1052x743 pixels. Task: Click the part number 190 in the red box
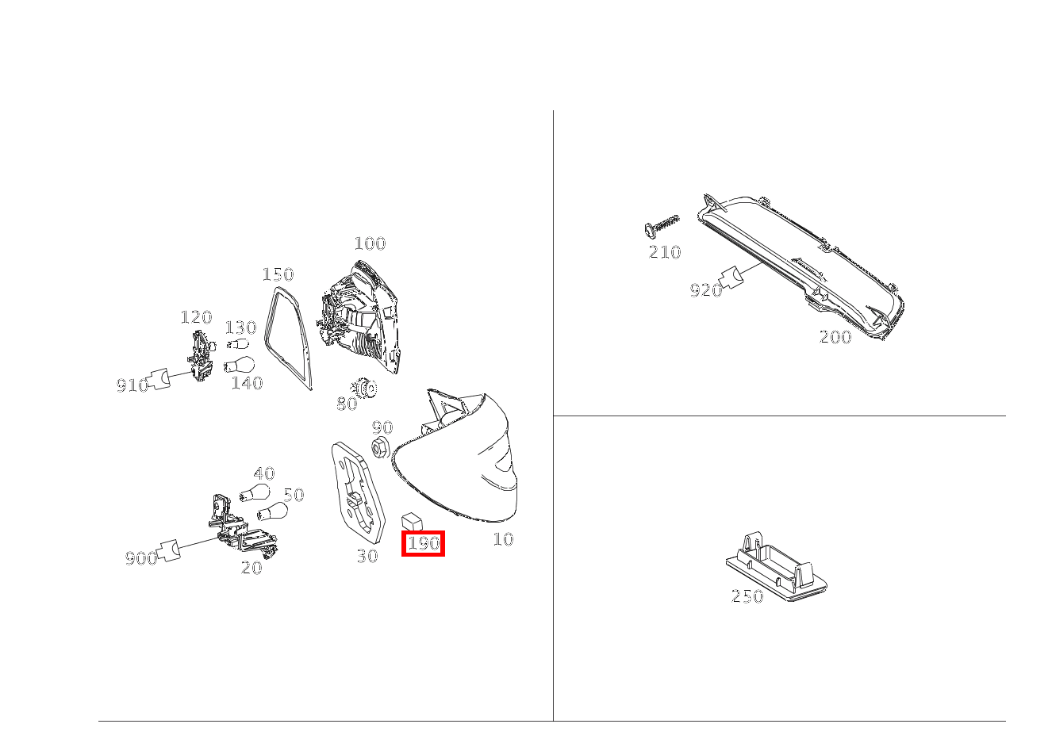[x=423, y=543]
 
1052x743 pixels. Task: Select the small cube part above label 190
[x=413, y=520]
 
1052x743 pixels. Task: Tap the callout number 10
[x=503, y=539]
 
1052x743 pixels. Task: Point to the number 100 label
[x=370, y=243]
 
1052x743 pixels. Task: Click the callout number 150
[x=278, y=274]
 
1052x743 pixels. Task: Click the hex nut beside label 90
[x=379, y=447]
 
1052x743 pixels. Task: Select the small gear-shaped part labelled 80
[x=366, y=389]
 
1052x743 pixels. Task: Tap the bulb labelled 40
[x=253, y=493]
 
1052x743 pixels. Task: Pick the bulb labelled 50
[x=272, y=512]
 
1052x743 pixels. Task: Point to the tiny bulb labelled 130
[x=236, y=344]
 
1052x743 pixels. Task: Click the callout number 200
[x=835, y=337]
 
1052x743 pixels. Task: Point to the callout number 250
[x=747, y=596]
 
